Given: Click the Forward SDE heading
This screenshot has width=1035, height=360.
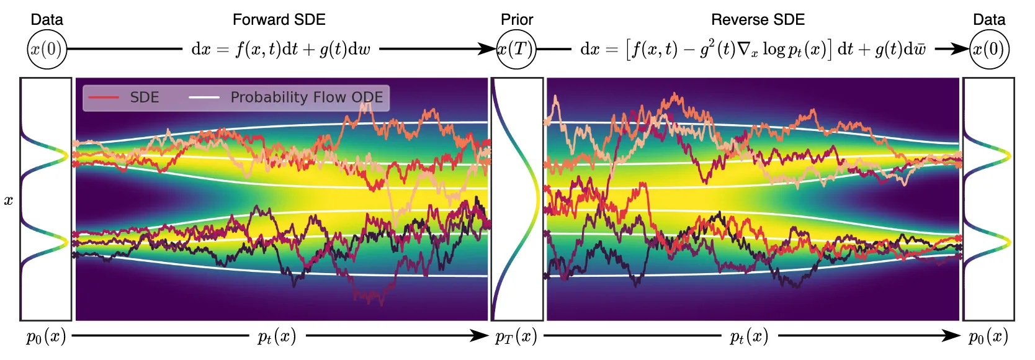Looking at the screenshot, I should pos(279,20).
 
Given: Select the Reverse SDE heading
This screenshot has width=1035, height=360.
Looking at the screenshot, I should pos(758,20).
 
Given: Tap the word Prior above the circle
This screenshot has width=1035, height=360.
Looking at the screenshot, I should pos(517,20).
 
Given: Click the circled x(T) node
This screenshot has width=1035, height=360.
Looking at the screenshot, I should pos(516,49).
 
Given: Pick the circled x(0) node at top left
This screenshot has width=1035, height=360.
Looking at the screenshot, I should pos(47,49).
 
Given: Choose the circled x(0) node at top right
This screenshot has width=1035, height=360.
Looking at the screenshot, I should pos(989,49).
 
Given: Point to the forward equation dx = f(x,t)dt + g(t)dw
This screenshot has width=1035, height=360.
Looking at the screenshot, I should pos(280,50).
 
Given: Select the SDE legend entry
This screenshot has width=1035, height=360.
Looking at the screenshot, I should pos(124,97).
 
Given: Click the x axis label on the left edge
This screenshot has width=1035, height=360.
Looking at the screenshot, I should pos(8,200).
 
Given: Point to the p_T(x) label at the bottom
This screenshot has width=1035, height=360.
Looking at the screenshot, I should pos(516,337).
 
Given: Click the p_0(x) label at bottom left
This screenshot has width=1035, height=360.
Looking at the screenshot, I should pos(46,337).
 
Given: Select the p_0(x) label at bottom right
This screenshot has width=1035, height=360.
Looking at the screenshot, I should pos(988,337).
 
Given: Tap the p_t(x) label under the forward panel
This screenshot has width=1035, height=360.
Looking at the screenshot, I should pos(276,337).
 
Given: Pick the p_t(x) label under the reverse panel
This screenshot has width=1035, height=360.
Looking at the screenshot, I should pos(749,337).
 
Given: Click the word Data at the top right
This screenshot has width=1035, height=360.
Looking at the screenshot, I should pos(989,20).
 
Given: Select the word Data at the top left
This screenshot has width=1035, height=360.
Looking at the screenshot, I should pos(47,20).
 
